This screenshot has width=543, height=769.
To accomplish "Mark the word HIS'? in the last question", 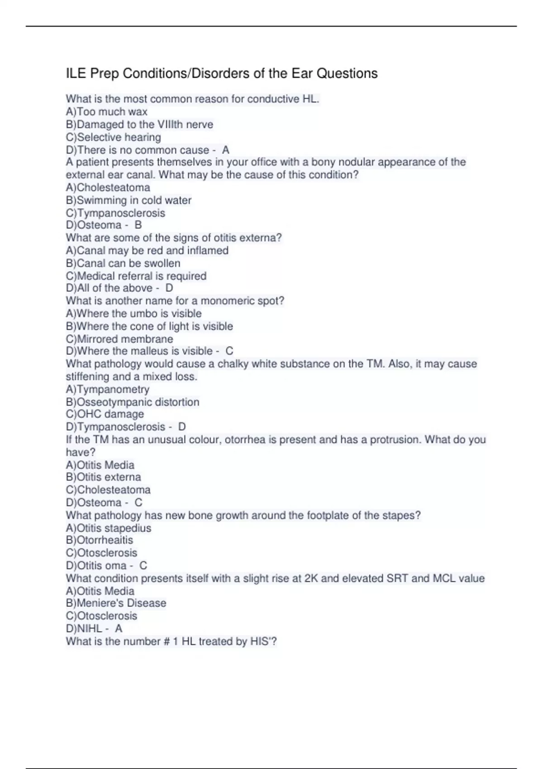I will [263, 641].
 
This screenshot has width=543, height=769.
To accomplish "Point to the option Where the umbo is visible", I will [134, 313].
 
